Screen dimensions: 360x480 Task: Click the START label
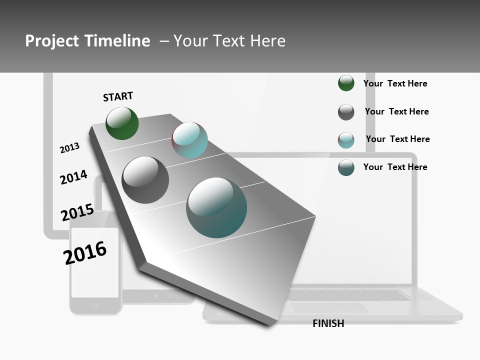tap(118, 96)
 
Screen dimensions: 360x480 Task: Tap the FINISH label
tap(328, 323)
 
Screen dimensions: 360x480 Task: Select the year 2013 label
tap(69, 148)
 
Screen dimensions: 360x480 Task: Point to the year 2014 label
tap(73, 177)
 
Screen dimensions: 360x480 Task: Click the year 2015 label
tap(77, 212)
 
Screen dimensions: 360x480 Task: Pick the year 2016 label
tap(85, 253)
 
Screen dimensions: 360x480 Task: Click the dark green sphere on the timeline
tap(122, 123)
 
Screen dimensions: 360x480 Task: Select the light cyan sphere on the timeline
tap(189, 140)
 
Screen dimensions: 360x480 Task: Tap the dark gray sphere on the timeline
tap(145, 180)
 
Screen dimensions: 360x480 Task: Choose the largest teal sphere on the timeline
tap(216, 207)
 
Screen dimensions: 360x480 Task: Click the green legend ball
tap(346, 83)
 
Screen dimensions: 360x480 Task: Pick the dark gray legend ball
tap(346, 112)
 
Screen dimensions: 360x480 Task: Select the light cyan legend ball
tap(346, 140)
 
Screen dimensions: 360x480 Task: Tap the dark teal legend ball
tap(346, 167)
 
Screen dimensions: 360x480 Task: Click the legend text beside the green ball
tap(395, 83)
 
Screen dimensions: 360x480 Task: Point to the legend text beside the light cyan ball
tap(397, 139)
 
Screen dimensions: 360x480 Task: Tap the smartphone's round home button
tap(95, 305)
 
